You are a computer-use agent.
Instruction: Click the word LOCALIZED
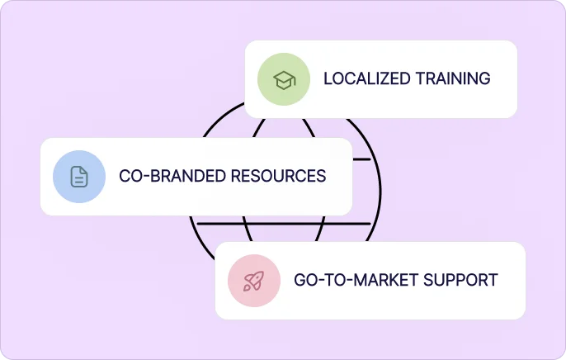click(x=366, y=79)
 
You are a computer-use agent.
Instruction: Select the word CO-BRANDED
click(x=172, y=176)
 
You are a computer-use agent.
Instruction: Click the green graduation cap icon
click(x=284, y=79)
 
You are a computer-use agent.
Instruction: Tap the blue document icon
click(x=79, y=176)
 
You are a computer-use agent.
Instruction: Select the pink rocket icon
click(x=254, y=281)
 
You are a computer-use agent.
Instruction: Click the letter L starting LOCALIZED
click(x=327, y=79)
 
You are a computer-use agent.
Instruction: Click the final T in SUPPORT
click(x=493, y=280)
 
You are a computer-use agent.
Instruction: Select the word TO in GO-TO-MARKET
click(x=334, y=280)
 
